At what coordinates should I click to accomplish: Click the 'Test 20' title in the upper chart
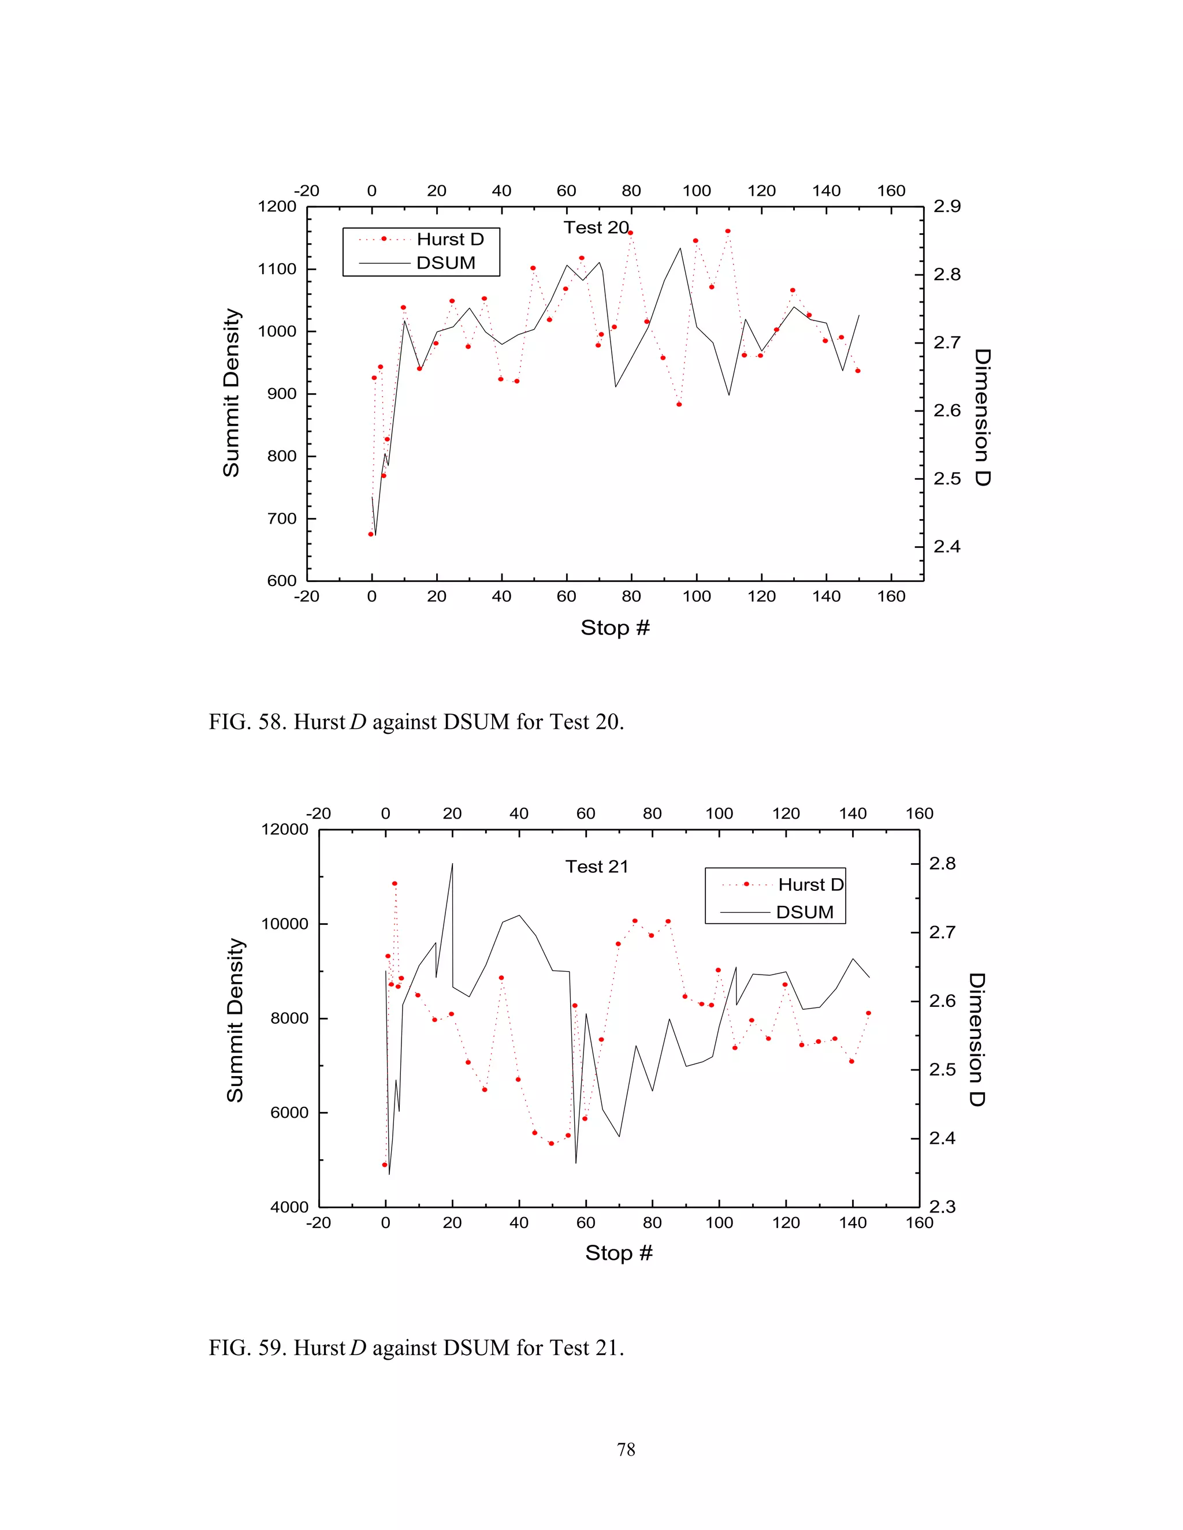click(596, 227)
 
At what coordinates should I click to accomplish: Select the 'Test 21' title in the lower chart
click(596, 867)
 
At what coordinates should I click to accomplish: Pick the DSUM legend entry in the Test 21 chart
click(805, 912)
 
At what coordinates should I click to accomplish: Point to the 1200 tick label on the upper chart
click(277, 207)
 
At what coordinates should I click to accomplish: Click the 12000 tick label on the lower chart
click(285, 830)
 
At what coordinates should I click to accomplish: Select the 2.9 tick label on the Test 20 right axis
click(947, 206)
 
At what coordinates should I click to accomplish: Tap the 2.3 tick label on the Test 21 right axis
click(943, 1206)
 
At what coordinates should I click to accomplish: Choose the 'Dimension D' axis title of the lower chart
click(977, 1039)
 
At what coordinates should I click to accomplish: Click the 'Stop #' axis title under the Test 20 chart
click(615, 628)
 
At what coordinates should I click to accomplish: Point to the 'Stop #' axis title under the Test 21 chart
click(619, 1253)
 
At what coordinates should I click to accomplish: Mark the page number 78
click(626, 1449)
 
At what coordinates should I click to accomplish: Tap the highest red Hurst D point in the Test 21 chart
click(395, 883)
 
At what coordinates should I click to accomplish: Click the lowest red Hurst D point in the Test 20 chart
click(371, 534)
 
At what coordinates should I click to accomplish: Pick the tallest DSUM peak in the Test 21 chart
click(452, 864)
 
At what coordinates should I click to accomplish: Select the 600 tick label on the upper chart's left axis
click(282, 581)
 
